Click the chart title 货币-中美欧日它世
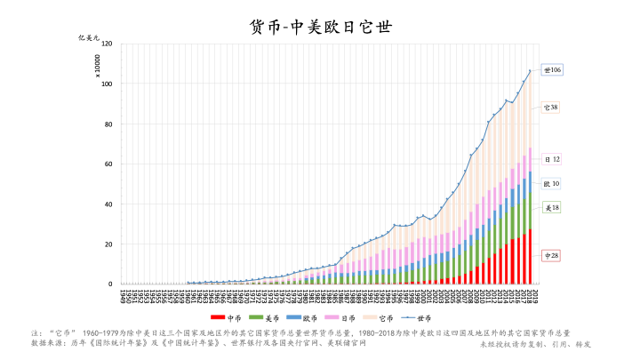[x=320, y=28]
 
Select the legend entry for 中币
[x=228, y=317]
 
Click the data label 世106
[x=553, y=69]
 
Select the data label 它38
[x=551, y=108]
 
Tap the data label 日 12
[x=552, y=159]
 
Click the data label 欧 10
[x=551, y=184]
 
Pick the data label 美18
[x=551, y=207]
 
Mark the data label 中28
[x=551, y=256]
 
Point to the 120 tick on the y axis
[x=107, y=44]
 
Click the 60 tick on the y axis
[x=108, y=164]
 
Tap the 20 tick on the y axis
[x=108, y=244]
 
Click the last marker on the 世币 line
[x=530, y=71]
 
